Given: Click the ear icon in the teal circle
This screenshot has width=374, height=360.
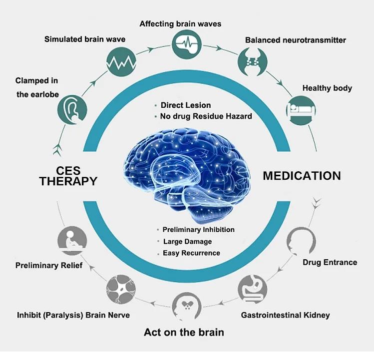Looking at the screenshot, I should (73, 109).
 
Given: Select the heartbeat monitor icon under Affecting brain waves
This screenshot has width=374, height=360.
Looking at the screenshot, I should (186, 43).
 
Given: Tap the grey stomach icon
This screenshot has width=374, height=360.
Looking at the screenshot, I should (253, 289).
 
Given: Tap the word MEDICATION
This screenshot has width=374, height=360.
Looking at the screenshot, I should (302, 176).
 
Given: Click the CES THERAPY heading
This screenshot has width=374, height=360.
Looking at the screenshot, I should (68, 176).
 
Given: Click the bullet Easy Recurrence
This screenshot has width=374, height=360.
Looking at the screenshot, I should (191, 253).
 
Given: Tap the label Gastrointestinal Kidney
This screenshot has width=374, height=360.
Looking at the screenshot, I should (285, 316).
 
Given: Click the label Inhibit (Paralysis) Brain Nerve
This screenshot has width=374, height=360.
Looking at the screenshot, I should (73, 316).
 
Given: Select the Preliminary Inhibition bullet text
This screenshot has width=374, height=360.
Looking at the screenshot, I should (198, 230).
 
